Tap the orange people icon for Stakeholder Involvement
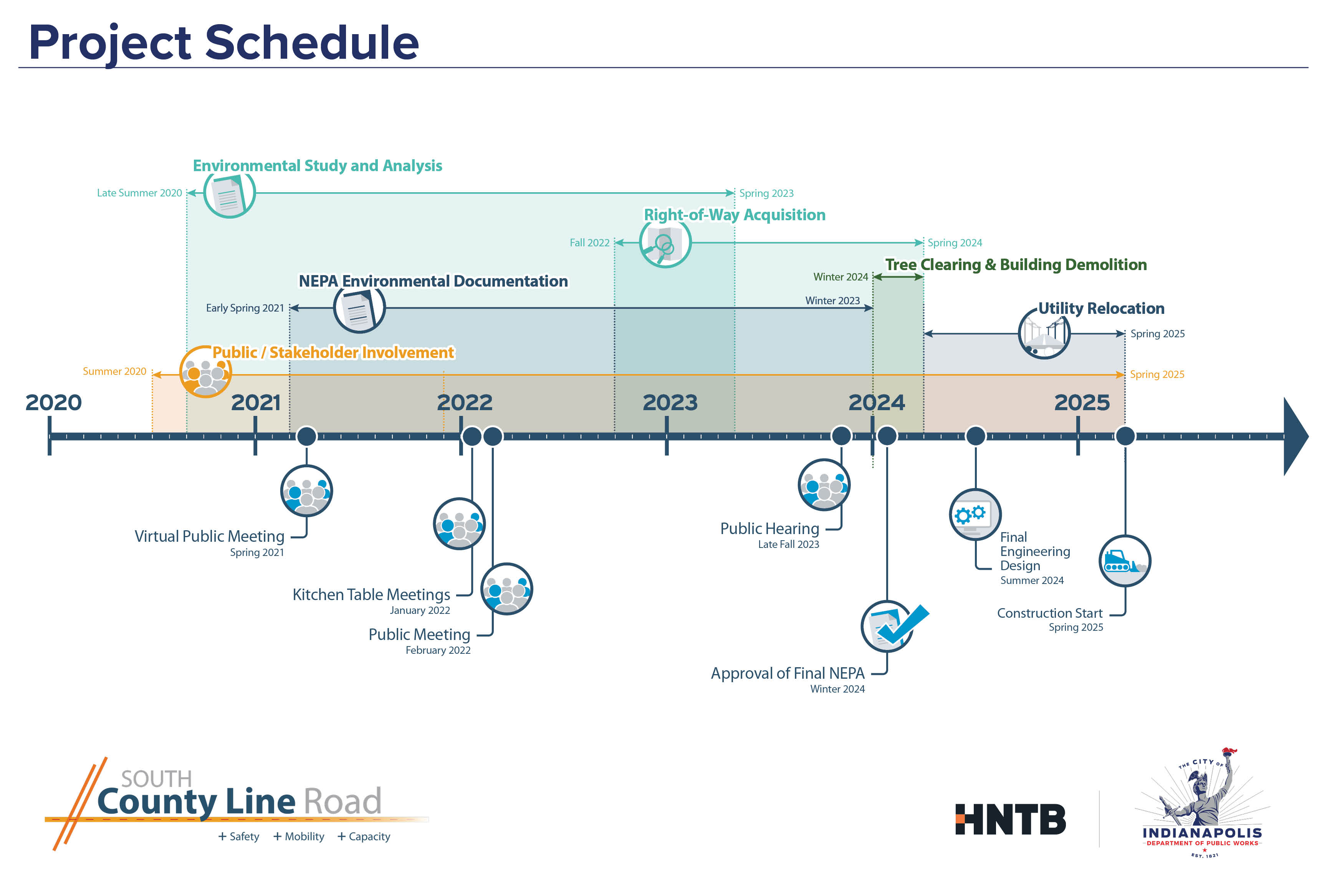click(205, 373)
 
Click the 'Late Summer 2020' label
click(139, 193)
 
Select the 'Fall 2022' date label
click(590, 243)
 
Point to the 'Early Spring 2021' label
click(245, 308)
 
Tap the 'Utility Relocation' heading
click(1101, 308)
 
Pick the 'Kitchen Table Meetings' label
click(371, 595)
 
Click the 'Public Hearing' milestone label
click(769, 529)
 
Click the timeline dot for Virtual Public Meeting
click(306, 436)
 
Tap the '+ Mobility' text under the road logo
click(299, 837)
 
